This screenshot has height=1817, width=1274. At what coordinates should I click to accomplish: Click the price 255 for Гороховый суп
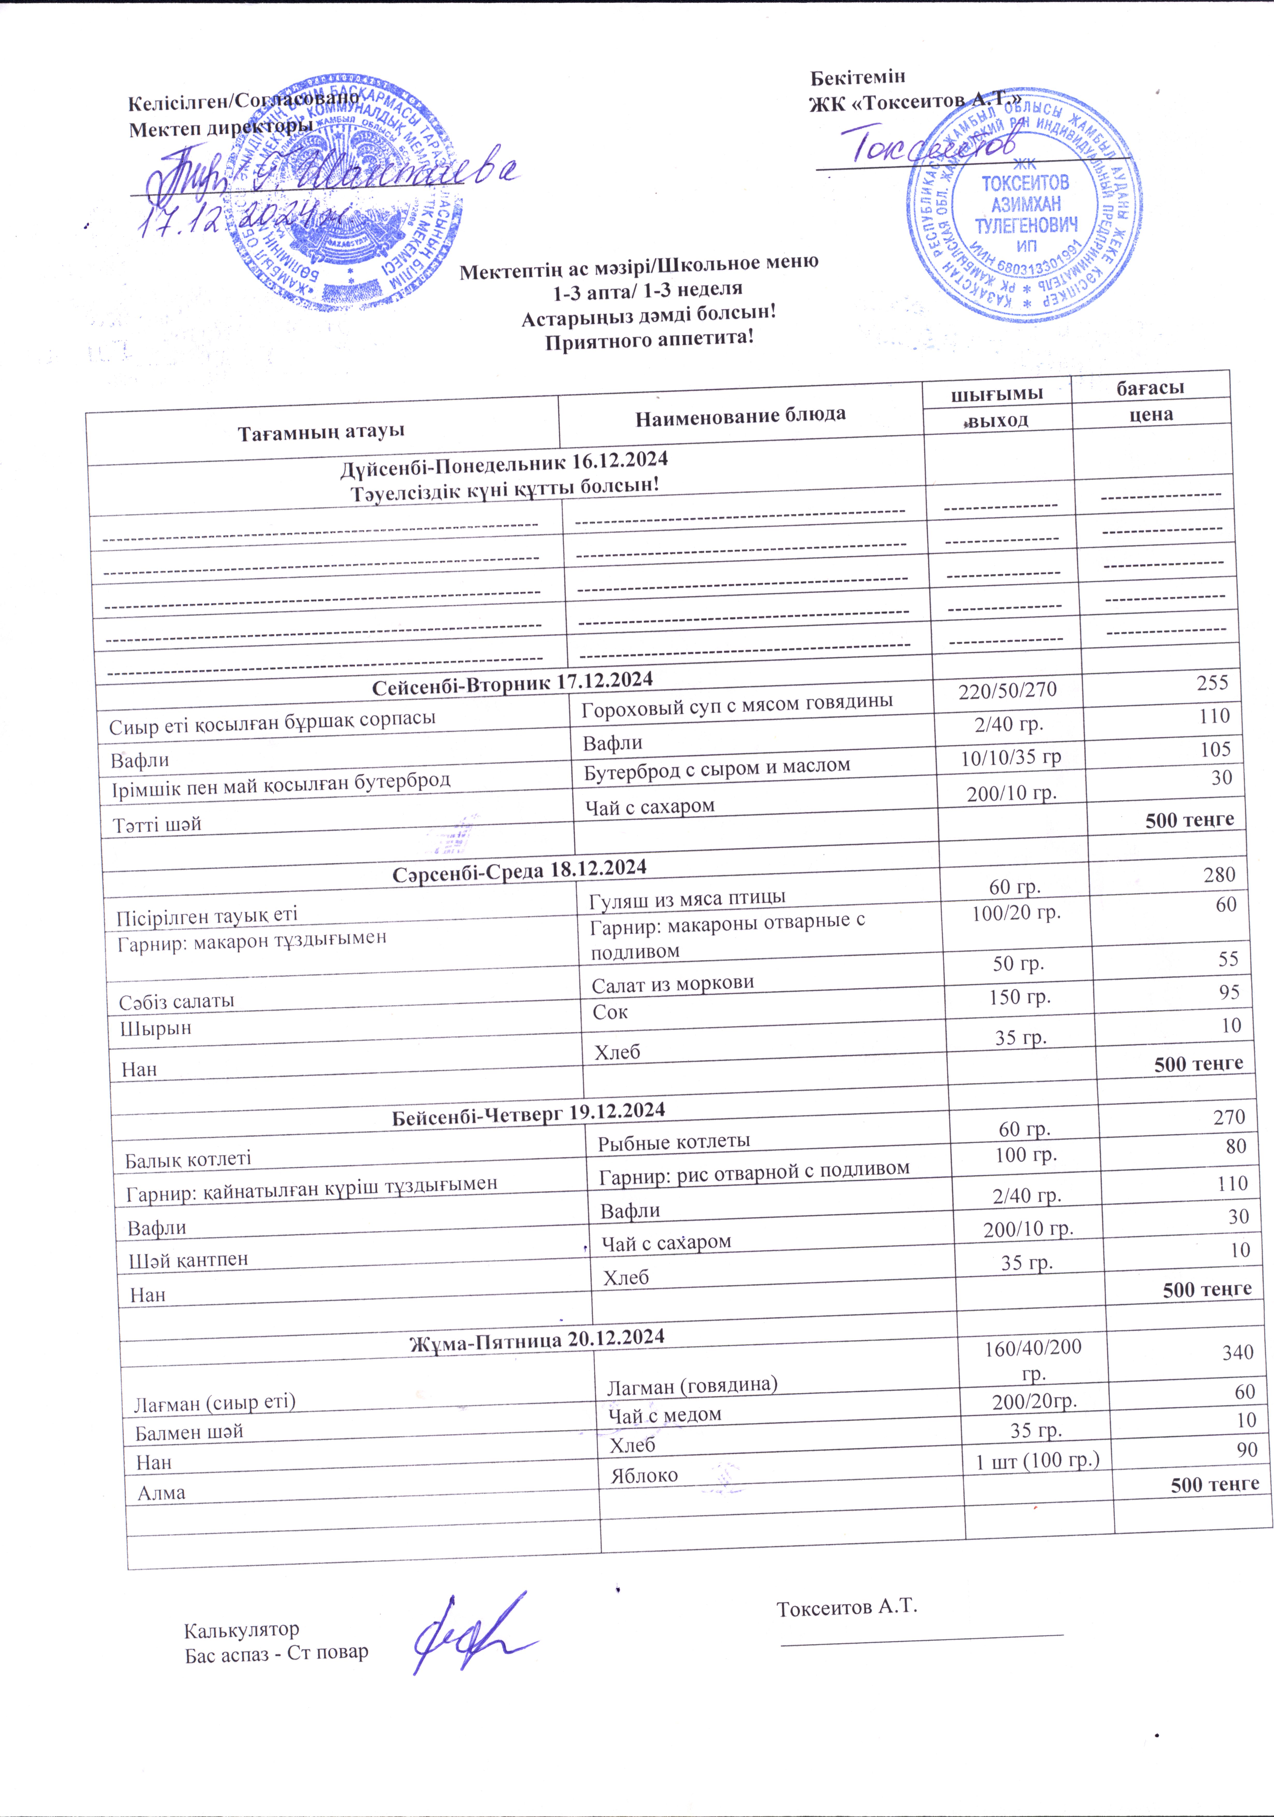click(x=1212, y=683)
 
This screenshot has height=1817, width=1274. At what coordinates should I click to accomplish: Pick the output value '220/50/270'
click(x=1007, y=691)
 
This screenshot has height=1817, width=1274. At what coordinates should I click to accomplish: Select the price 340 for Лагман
click(x=1237, y=1352)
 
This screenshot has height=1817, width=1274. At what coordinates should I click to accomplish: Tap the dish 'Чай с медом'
click(x=665, y=1414)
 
